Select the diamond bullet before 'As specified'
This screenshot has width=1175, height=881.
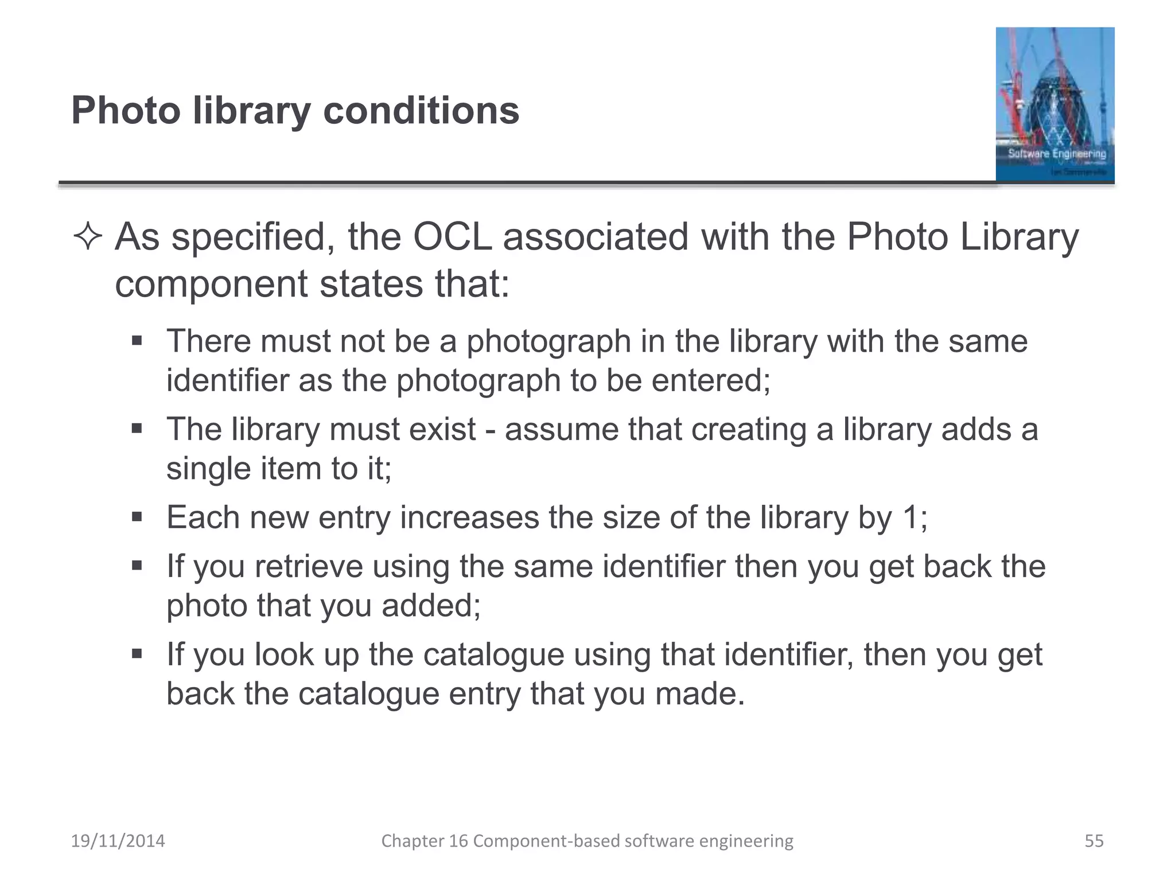(88, 237)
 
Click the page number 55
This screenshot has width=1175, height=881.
(1094, 841)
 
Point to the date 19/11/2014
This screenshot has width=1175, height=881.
(118, 841)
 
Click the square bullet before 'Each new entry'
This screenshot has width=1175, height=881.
(137, 517)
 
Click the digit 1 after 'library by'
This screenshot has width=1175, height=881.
(911, 517)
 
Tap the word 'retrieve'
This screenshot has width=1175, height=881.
(309, 567)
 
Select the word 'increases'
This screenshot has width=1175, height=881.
(469, 517)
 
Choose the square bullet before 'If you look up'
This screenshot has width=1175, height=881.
(137, 654)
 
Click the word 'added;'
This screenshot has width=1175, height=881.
(431, 606)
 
